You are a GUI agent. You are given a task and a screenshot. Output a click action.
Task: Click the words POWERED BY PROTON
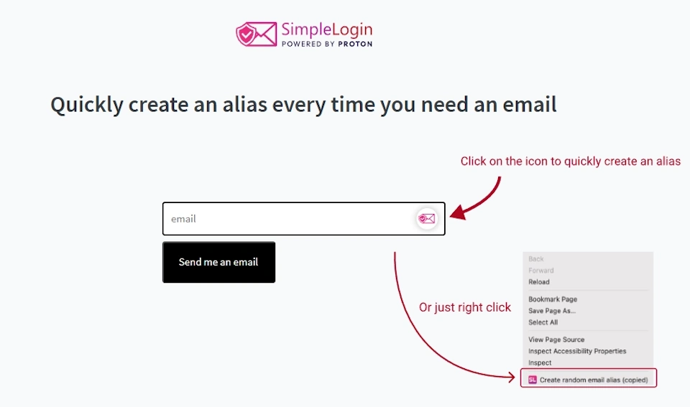coord(326,44)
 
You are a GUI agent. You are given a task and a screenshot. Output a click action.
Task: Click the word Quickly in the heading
coord(86,105)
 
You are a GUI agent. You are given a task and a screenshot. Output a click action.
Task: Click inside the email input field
coord(287,219)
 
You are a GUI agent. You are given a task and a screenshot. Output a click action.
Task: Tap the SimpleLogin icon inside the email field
coord(427,219)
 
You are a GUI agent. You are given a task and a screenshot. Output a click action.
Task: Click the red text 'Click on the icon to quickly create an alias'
coord(570,162)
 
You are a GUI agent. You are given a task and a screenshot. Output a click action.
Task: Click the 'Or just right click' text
coord(465,307)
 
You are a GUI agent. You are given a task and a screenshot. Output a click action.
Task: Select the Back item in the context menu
coord(536,259)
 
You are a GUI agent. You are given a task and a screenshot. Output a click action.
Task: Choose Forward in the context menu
coord(540,271)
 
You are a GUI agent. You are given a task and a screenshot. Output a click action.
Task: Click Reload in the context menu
coord(538,282)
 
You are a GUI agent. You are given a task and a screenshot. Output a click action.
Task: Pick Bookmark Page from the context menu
coord(553,299)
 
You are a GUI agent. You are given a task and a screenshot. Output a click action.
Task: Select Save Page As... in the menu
coord(552,311)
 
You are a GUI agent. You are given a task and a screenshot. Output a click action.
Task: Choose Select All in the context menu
coord(543,322)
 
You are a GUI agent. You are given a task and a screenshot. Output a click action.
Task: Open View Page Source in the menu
coord(556,340)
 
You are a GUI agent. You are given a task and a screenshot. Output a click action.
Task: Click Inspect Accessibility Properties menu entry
coord(577,351)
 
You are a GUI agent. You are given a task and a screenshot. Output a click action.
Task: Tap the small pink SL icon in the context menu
coord(533,380)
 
